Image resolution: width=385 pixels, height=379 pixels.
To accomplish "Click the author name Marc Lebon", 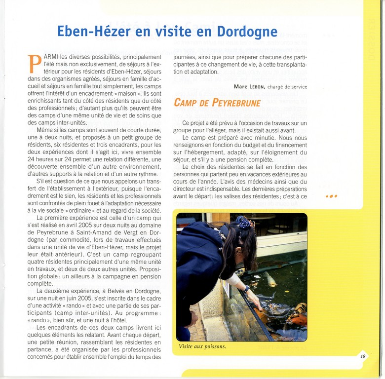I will [250, 86].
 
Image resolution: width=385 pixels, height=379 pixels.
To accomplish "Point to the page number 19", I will [363, 356].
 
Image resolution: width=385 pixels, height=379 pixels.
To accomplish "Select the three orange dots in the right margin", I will [332, 196].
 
